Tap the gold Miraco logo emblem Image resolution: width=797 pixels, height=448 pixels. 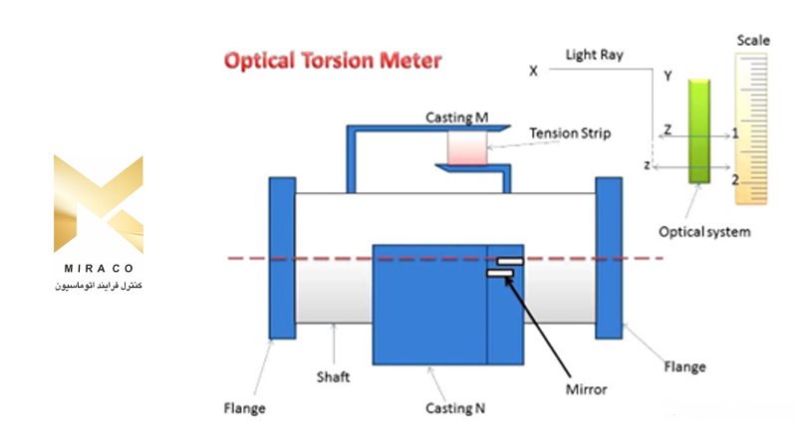tap(98, 204)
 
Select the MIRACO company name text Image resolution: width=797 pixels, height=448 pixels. tap(98, 270)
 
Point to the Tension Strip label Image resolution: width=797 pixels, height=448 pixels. tap(570, 132)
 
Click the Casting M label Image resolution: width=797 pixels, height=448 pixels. tap(457, 118)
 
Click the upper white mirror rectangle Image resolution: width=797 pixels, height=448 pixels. tap(509, 262)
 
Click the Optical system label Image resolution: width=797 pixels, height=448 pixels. tap(704, 232)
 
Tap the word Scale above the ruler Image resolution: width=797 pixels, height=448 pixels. tap(753, 41)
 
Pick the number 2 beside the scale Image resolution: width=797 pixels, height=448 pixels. tap(734, 179)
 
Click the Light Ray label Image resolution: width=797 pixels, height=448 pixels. tap(594, 55)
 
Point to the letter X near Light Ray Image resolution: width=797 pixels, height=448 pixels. tap(533, 72)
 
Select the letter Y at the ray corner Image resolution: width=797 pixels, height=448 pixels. tap(667, 76)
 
